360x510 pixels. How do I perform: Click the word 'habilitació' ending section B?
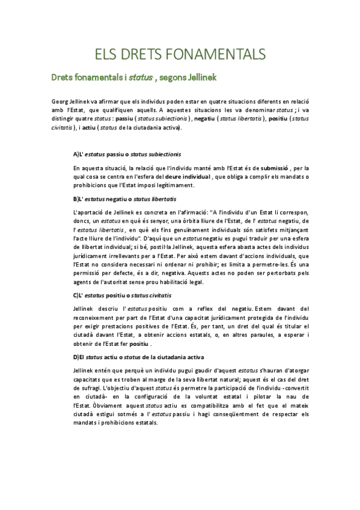tap(172, 281)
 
